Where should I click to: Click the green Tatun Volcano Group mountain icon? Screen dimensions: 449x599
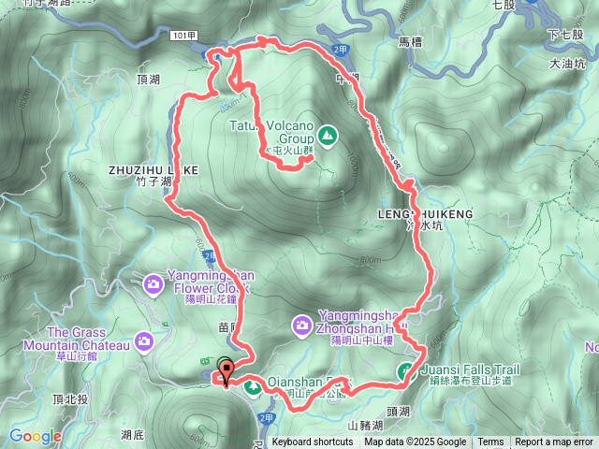[x=327, y=137]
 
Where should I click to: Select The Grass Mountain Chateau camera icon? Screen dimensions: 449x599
[x=143, y=340]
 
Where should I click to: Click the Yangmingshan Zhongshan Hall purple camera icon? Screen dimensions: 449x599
[x=301, y=324]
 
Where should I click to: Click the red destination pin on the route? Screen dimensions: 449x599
[x=225, y=377]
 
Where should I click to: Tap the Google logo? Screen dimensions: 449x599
[x=36, y=436]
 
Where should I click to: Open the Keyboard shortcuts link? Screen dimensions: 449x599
[x=313, y=442]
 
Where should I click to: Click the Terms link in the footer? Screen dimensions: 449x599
[x=490, y=442]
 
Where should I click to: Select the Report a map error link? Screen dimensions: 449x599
[x=554, y=442]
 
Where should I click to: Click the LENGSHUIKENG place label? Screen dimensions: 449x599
[x=426, y=214]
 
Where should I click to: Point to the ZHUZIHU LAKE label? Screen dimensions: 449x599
[x=153, y=171]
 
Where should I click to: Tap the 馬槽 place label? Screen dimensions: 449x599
[x=412, y=42]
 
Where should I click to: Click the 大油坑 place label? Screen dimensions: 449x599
[x=568, y=65]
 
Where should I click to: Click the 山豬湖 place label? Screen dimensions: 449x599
[x=366, y=426]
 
